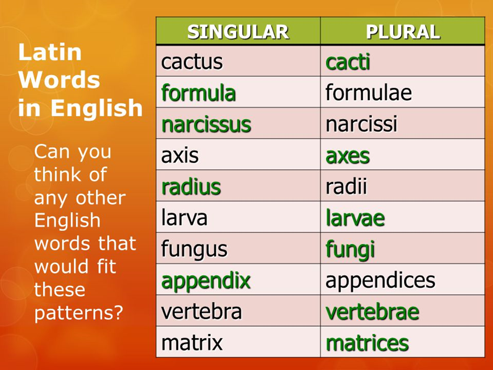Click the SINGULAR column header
238,32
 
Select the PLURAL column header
403,32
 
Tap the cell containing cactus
192,62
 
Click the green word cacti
348,62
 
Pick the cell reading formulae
369,93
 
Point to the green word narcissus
206,125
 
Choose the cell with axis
180,156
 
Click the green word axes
347,156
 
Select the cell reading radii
346,187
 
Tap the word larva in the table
185,218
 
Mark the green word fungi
350,250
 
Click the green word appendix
206,281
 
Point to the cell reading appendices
380,280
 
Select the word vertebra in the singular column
201,311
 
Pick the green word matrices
367,343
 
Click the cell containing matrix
192,343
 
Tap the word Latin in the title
50,53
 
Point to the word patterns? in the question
79,313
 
